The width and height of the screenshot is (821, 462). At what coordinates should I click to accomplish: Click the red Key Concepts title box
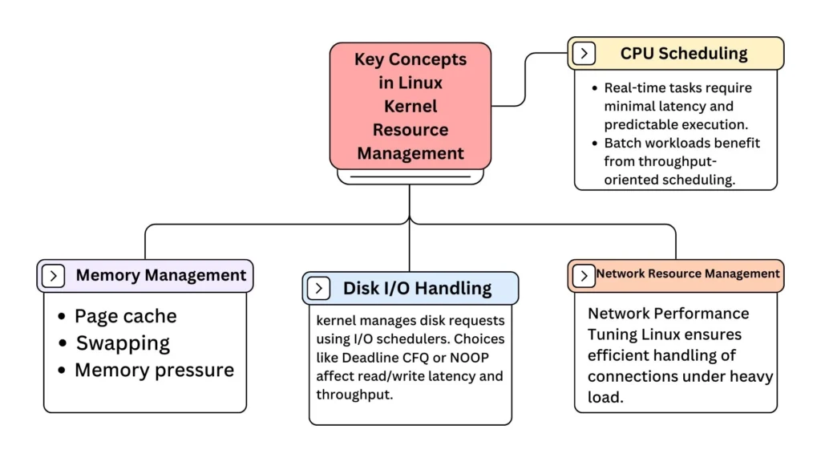pos(410,105)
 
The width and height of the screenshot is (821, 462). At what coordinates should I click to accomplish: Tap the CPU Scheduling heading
pos(683,54)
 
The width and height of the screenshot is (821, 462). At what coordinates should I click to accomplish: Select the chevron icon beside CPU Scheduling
pos(584,54)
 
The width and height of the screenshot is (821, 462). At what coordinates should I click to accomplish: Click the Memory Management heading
pos(160,276)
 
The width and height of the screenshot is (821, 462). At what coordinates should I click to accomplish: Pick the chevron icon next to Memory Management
pos(53,276)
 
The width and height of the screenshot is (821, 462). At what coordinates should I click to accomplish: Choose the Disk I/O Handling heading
pos(417,288)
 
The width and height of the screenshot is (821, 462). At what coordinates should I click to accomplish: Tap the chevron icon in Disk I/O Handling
pos(318,288)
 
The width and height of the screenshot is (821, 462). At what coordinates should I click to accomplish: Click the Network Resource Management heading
pos(687,274)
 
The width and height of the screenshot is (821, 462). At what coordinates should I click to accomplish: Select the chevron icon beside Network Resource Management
pos(583,275)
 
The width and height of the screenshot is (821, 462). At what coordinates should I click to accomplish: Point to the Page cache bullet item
pos(125,316)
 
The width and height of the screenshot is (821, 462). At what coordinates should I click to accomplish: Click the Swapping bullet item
pos(123,343)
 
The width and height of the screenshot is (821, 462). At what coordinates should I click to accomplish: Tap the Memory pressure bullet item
pos(154,370)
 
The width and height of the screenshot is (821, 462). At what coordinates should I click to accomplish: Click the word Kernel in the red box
pos(410,106)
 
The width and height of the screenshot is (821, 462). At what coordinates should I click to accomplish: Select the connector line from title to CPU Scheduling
pos(526,80)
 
